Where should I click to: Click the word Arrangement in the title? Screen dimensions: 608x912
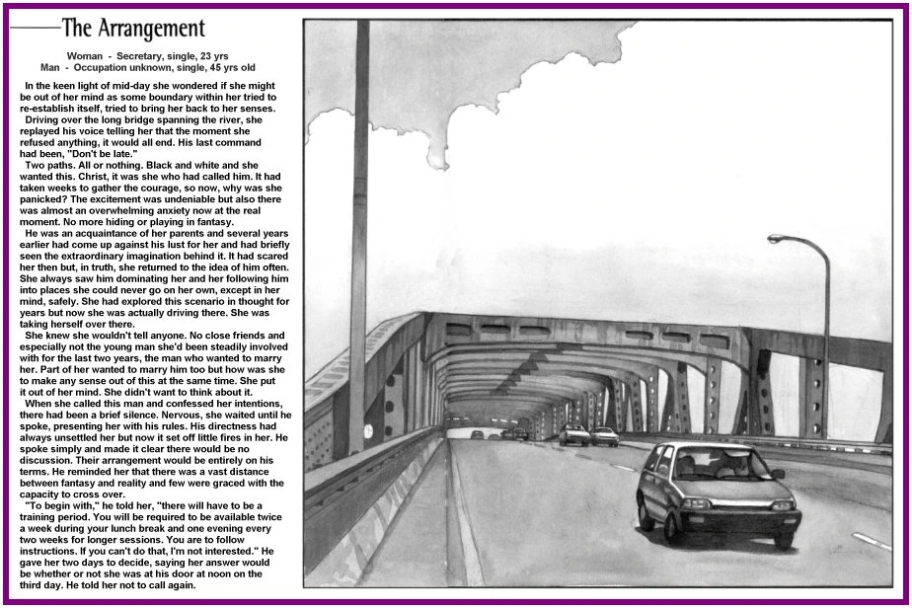pos(147,29)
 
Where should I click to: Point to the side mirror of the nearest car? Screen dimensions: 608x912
pos(778,474)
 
